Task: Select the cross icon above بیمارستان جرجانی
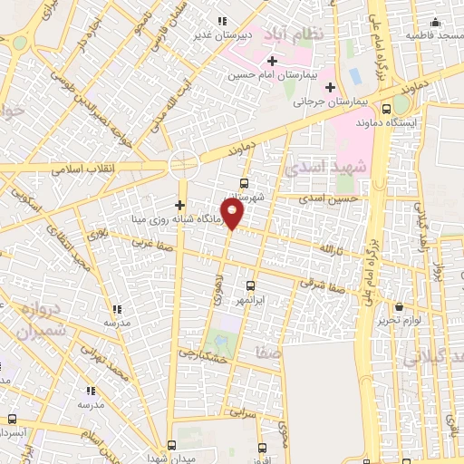[x=330, y=88]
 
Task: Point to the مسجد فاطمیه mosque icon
[x=435, y=22]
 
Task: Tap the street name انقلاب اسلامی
[x=79, y=169]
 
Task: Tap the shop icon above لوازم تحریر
[x=401, y=306]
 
